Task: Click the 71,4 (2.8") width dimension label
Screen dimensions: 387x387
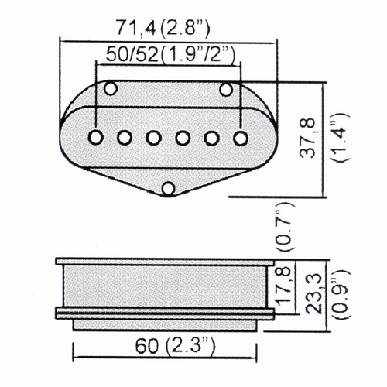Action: pos(163,27)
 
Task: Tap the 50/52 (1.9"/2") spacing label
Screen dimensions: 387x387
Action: pos(170,54)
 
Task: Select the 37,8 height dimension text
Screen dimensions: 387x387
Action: pos(308,139)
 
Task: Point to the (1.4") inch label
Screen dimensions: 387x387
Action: pos(341,138)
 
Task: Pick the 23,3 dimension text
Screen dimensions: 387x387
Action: pos(315,294)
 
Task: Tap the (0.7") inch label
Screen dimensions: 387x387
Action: pos(284,228)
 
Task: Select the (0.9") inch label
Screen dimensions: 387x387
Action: pos(344,293)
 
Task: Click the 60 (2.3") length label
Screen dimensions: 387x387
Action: pos(175,346)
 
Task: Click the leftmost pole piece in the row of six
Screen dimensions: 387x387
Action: pos(96,137)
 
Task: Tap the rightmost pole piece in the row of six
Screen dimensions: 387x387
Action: pos(241,138)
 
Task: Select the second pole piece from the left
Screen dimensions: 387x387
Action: pos(125,138)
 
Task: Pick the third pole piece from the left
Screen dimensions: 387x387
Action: pos(154,138)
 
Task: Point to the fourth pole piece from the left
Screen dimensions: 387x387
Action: pos(183,138)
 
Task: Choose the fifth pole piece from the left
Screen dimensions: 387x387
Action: pos(212,138)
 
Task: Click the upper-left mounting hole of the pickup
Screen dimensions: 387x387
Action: pos(111,88)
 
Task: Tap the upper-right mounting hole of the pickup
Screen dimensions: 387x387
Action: pos(226,89)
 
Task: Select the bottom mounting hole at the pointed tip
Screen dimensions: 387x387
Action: pos(169,188)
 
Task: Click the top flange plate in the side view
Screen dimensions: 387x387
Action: pos(165,262)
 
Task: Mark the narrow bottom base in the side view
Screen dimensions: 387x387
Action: pos(165,325)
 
